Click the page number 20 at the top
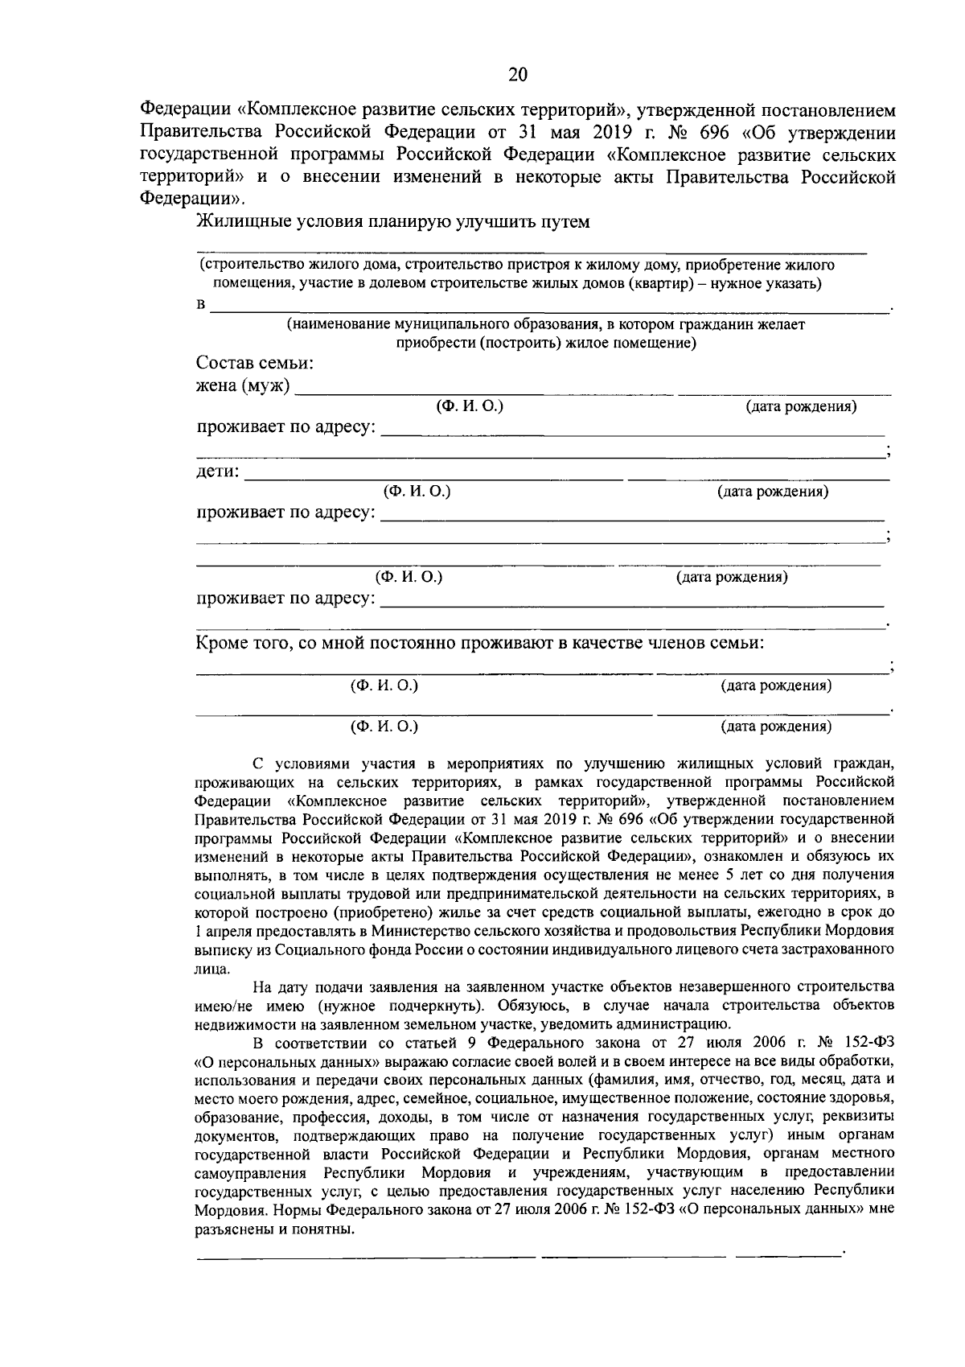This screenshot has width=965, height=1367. tap(517, 75)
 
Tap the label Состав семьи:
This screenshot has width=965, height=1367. tap(255, 363)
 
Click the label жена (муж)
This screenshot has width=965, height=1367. tap(244, 385)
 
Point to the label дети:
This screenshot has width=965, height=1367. tap(218, 471)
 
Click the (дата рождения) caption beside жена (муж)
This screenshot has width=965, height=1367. tap(802, 407)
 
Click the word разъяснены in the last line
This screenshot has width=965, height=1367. tap(232, 1230)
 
